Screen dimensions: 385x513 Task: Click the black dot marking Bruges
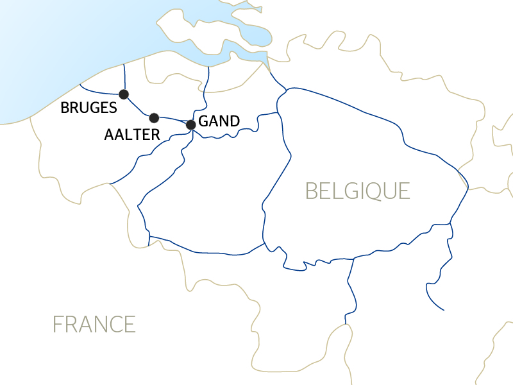click(124, 94)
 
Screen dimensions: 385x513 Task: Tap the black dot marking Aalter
click(154, 118)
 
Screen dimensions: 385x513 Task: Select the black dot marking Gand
click(190, 124)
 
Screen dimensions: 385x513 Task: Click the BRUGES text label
click(88, 108)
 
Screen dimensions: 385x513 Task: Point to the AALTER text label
click(132, 135)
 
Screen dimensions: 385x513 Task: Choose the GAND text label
click(219, 121)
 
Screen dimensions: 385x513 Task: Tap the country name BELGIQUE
click(357, 191)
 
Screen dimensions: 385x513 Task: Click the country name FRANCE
click(94, 324)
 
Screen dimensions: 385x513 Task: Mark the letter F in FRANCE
click(58, 324)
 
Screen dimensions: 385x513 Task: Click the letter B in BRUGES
click(65, 108)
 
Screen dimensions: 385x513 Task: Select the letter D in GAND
click(235, 121)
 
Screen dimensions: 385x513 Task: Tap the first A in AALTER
click(109, 135)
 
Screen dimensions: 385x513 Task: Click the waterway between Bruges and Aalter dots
click(139, 108)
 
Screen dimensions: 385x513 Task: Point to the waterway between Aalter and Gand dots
click(172, 119)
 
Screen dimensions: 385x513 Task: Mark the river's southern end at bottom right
click(443, 310)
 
